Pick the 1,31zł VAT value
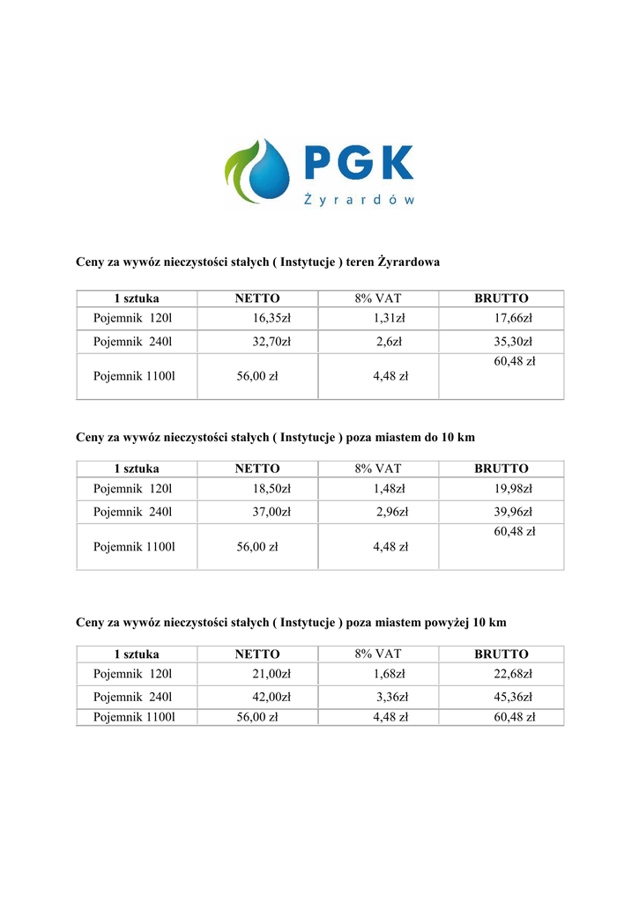pyautogui.click(x=389, y=318)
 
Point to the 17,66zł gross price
pyautogui.click(x=513, y=318)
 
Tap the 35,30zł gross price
pyautogui.click(x=513, y=342)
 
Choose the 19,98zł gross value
pyautogui.click(x=513, y=488)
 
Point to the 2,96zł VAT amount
pyautogui.click(x=392, y=512)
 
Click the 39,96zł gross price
pyautogui.click(x=513, y=512)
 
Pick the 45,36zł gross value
pyautogui.click(x=513, y=697)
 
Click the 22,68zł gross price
pyautogui.click(x=513, y=674)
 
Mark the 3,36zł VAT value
pyautogui.click(x=392, y=697)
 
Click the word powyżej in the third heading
pyautogui.click(x=445, y=623)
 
